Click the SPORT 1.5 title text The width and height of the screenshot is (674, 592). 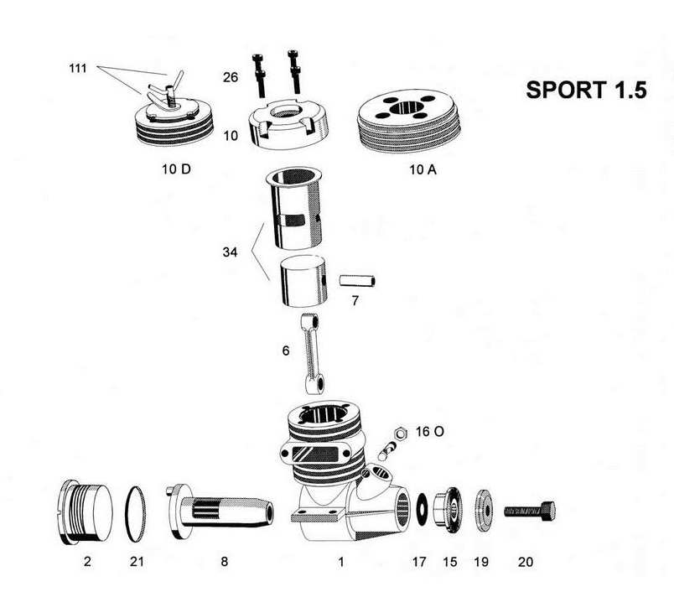point(586,91)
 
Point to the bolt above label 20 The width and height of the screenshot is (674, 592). point(529,509)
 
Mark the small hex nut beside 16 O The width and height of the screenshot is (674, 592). point(400,431)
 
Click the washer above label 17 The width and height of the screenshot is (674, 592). point(420,508)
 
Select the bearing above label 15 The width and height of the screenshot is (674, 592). point(450,509)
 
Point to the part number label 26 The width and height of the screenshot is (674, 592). point(231,78)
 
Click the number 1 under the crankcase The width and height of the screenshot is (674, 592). point(340,562)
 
